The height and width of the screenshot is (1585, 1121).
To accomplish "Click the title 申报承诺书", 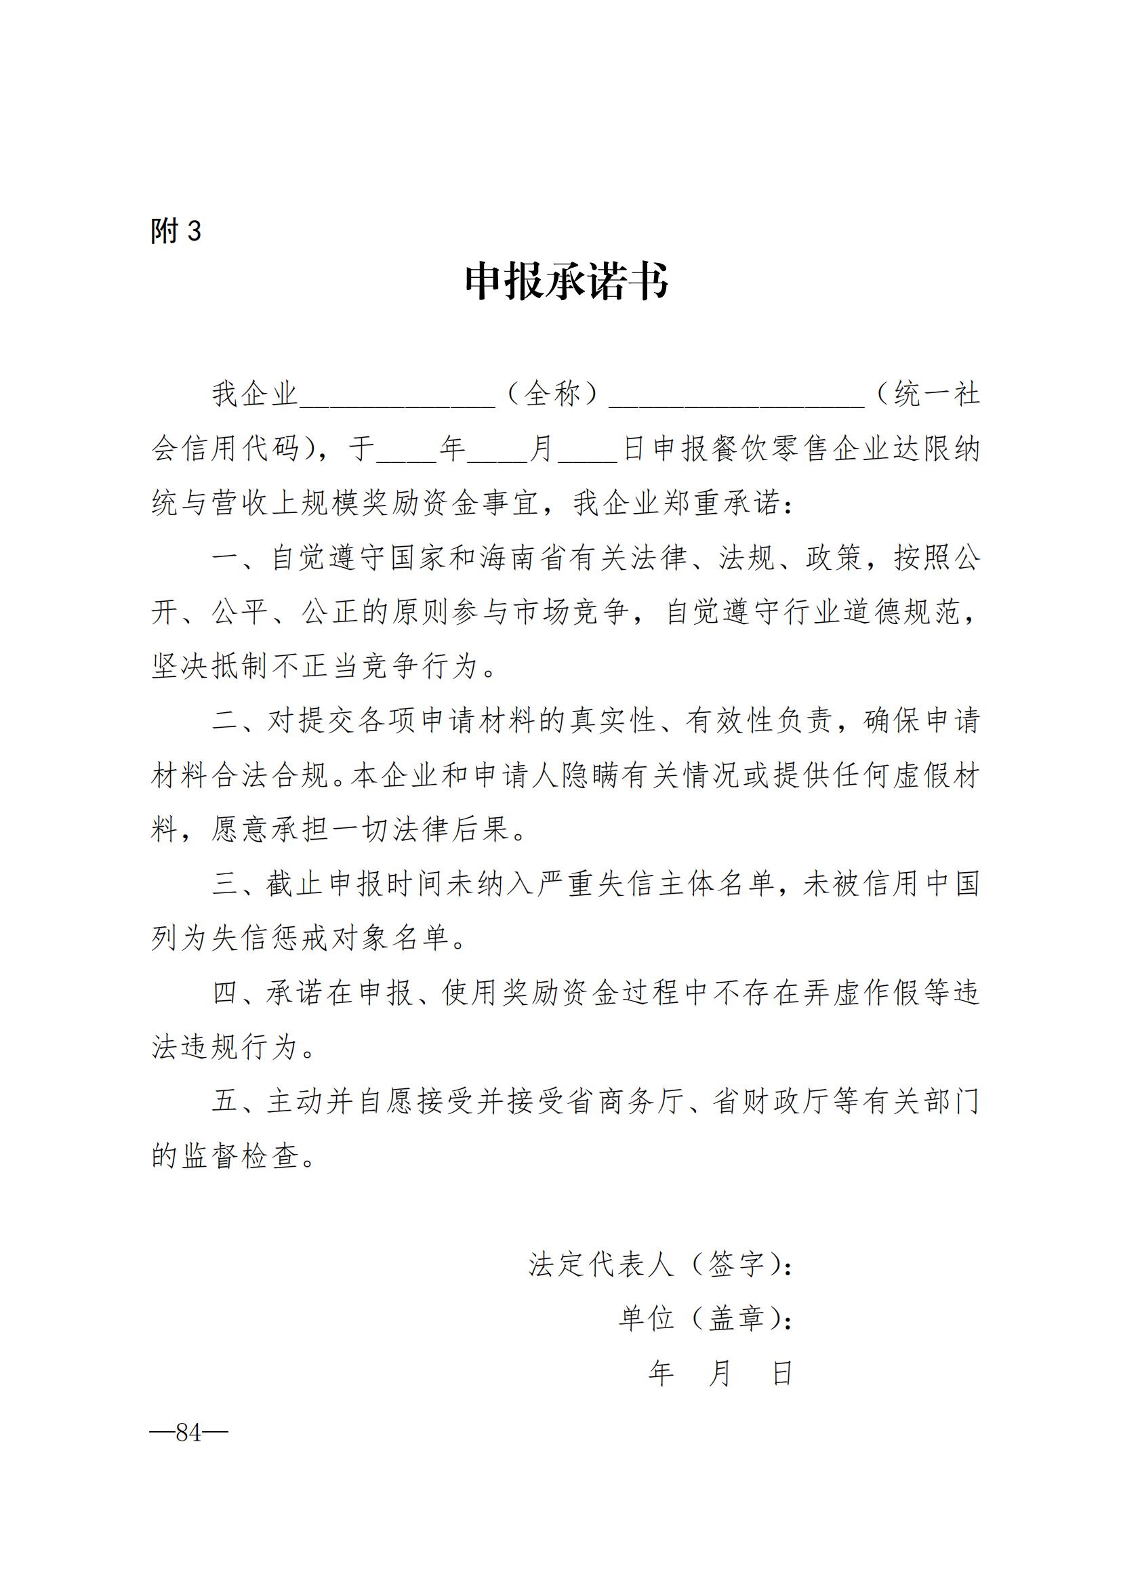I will coord(566,282).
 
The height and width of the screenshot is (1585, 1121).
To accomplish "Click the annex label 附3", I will coord(176,230).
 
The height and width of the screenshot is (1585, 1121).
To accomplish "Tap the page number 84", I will coord(188,1433).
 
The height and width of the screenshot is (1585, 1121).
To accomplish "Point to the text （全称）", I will coord(552,394).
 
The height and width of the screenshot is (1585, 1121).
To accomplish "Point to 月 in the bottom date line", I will coord(720,1374).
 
